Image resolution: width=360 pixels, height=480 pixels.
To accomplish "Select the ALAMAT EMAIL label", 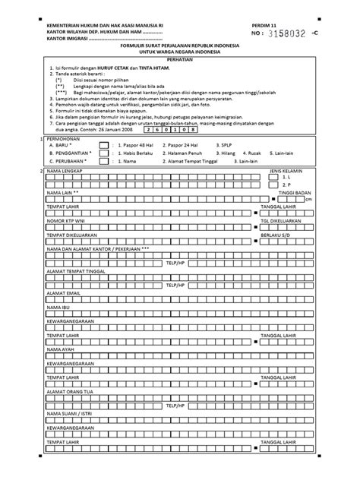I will (x=63, y=292).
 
